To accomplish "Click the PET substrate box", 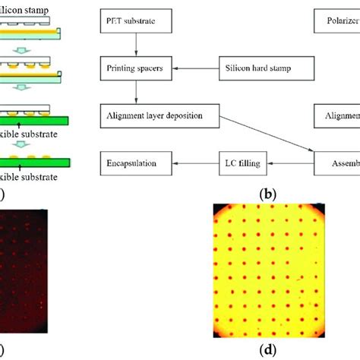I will coord(137,21).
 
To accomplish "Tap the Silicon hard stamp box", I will coord(257,69).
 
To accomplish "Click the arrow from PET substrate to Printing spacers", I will coord(137,45).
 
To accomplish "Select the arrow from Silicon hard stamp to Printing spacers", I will coord(195,69).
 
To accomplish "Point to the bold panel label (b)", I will coord(267,194).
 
